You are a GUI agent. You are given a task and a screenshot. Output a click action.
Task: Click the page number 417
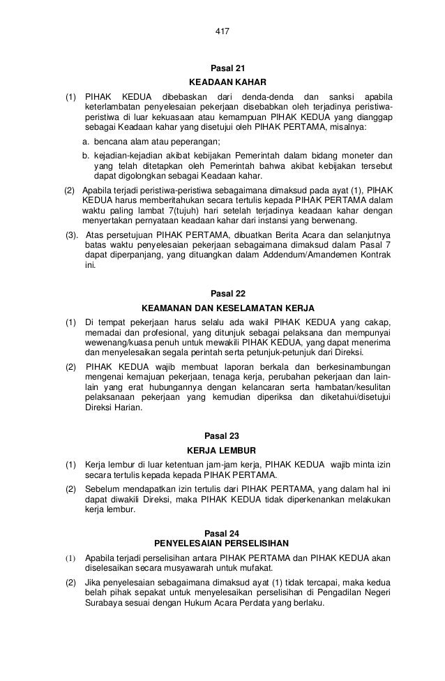point(223,32)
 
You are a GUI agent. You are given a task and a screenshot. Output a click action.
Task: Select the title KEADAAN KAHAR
point(223,82)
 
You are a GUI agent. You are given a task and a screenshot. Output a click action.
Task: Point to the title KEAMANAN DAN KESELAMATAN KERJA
point(228,308)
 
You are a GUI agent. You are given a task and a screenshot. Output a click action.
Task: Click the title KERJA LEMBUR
point(222,450)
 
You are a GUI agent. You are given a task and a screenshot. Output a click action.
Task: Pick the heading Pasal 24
point(223,533)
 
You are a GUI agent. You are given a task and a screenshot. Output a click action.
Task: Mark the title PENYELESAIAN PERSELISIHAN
point(223,544)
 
